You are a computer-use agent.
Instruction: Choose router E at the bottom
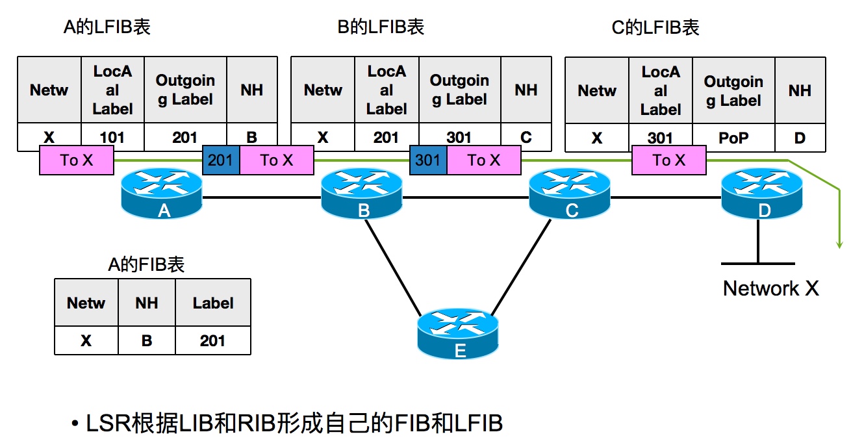click(x=458, y=334)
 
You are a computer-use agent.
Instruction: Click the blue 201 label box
click(x=221, y=160)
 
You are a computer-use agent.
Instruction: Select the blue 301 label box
click(x=427, y=160)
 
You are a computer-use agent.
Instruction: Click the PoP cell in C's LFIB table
click(x=733, y=138)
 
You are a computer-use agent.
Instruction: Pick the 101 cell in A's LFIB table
click(x=112, y=138)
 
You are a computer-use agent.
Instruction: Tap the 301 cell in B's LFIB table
click(x=459, y=138)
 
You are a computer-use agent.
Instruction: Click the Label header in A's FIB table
click(x=212, y=303)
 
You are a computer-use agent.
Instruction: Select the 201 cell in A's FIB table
click(x=212, y=340)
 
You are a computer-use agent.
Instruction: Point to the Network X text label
click(x=770, y=288)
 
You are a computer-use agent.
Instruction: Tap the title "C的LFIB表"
click(x=655, y=27)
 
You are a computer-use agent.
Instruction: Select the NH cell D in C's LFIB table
click(x=800, y=138)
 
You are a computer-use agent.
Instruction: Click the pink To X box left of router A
click(x=77, y=160)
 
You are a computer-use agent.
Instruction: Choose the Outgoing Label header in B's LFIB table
click(x=459, y=90)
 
